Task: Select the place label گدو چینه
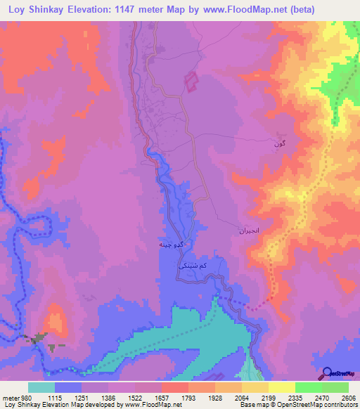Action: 172,244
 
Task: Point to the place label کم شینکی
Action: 193,267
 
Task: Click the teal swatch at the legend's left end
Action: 41,387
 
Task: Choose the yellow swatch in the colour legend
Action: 281,387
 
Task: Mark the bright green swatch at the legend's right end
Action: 335,387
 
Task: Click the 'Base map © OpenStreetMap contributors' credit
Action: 296,405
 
